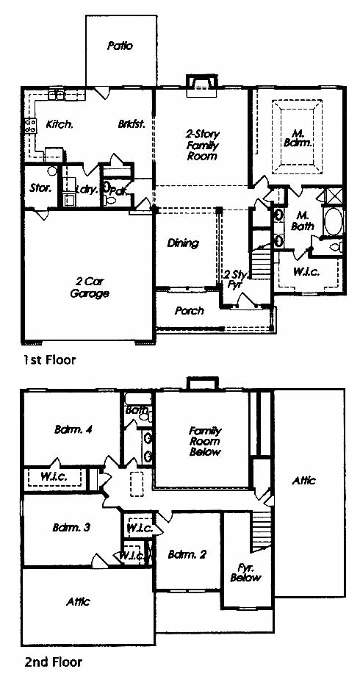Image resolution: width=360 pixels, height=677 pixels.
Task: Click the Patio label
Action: [x=120, y=46]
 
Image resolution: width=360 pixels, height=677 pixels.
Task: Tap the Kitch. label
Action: [x=59, y=124]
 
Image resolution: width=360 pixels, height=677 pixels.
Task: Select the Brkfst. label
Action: [x=131, y=124]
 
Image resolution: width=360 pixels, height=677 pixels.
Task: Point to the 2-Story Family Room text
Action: [x=202, y=145]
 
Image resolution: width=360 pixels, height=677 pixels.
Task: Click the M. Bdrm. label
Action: [x=298, y=137]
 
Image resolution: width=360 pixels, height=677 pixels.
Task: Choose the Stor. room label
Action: [x=40, y=188]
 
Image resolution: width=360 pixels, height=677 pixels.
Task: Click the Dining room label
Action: [x=183, y=243]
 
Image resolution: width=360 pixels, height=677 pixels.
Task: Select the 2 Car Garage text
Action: [x=90, y=287]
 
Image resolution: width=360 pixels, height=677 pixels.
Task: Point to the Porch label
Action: [x=190, y=311]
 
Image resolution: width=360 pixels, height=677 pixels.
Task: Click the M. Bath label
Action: [x=304, y=221]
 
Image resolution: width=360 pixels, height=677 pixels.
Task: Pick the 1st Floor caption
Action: [x=49, y=360]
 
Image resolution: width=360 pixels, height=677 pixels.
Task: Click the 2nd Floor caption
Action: [x=52, y=662]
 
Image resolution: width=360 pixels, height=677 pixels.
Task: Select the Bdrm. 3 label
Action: [x=71, y=528]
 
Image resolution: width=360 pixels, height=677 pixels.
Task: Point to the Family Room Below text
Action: [x=205, y=441]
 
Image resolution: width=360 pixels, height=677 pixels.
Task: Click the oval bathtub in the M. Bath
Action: [x=333, y=221]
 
